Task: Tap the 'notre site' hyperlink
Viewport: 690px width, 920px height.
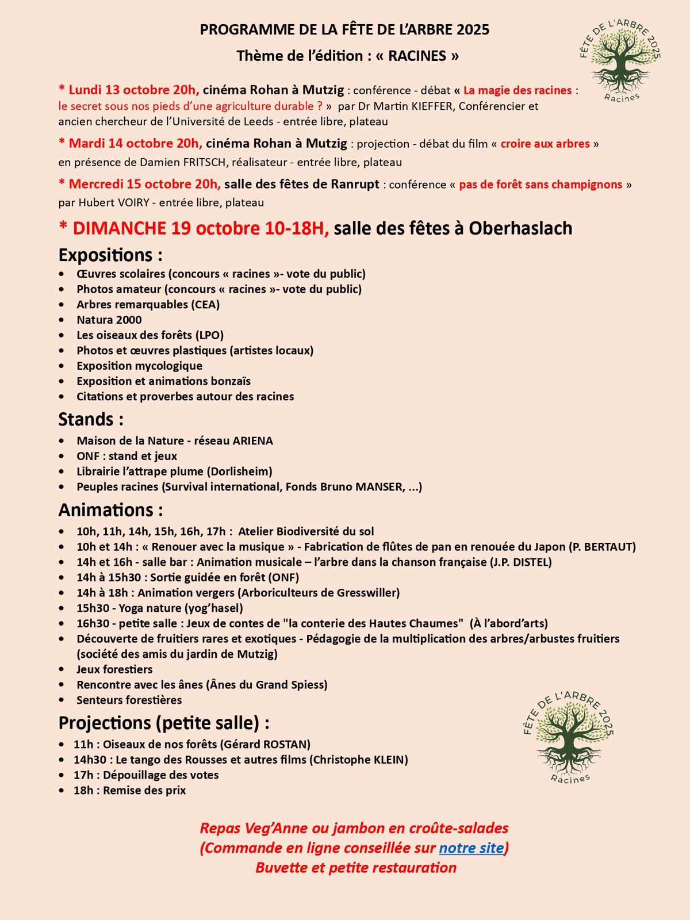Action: (x=471, y=848)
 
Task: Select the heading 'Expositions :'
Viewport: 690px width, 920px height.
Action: (x=110, y=255)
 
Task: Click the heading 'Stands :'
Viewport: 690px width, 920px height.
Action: (x=91, y=419)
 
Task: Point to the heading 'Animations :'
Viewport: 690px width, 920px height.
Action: (x=110, y=510)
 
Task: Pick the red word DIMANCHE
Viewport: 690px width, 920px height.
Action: (x=119, y=228)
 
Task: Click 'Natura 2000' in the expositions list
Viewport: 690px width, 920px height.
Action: (x=109, y=320)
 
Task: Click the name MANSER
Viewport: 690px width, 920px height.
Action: (x=379, y=487)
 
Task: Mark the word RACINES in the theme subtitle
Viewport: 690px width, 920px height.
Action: (x=417, y=56)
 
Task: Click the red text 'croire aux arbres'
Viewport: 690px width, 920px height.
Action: (x=545, y=144)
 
